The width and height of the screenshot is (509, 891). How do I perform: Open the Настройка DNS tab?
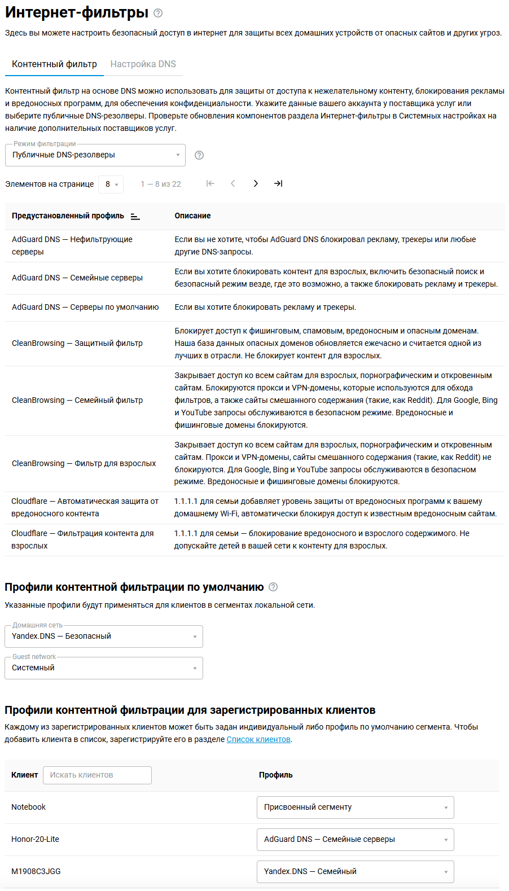[x=143, y=64]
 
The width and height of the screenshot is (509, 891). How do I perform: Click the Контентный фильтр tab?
[x=54, y=64]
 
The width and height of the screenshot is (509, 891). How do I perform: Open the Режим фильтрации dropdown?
[x=95, y=155]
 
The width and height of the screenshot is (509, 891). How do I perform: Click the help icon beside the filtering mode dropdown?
[x=199, y=155]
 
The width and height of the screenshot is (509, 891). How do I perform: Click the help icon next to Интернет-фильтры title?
[x=158, y=13]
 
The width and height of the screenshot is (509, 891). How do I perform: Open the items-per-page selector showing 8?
[x=111, y=185]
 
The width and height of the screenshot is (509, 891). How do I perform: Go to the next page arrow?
[x=256, y=183]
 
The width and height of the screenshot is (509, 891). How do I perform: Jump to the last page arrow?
[x=278, y=183]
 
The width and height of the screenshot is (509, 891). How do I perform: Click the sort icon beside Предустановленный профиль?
[x=135, y=216]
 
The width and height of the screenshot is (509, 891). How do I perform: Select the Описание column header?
[x=192, y=216]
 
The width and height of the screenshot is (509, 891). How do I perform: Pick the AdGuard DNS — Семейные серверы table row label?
[x=77, y=278]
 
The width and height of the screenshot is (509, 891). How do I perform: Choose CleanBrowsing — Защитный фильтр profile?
[x=77, y=343]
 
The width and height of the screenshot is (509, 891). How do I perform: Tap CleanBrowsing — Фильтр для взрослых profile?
[x=84, y=463]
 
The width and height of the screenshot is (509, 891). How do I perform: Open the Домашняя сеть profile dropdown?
[x=104, y=637]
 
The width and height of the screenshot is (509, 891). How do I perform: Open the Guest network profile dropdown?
[x=104, y=668]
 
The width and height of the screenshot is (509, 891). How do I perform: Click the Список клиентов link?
[x=258, y=740]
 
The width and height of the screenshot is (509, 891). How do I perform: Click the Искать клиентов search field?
[x=97, y=775]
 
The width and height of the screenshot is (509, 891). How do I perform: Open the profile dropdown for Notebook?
[x=355, y=807]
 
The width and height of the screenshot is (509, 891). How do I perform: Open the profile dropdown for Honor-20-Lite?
[x=355, y=840]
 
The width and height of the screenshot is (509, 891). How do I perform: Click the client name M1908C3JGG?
[x=36, y=872]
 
